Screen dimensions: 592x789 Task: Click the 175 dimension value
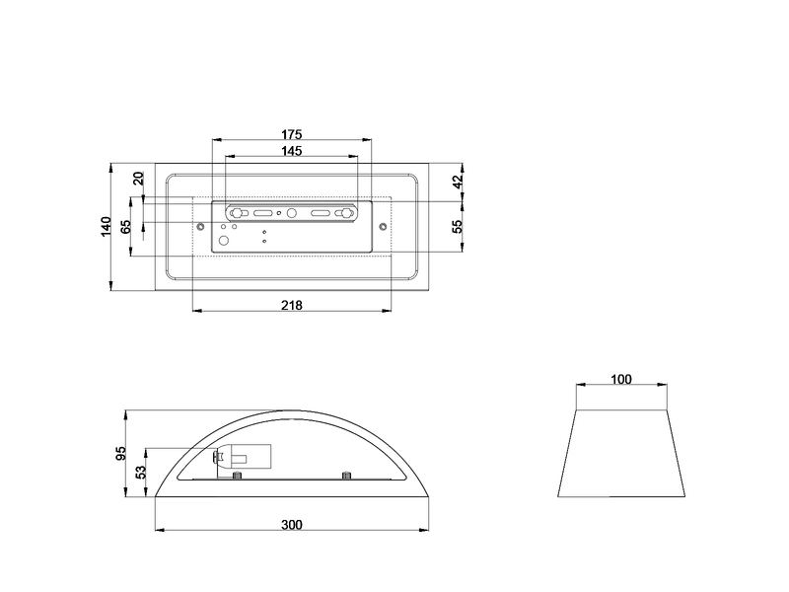pos(291,133)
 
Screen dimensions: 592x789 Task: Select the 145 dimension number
pos(291,151)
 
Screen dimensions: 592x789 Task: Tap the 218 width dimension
pos(292,305)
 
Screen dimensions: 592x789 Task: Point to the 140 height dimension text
pos(107,226)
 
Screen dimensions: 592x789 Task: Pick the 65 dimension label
pos(125,226)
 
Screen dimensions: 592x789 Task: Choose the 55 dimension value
pos(457,226)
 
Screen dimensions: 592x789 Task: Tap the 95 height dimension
pos(121,454)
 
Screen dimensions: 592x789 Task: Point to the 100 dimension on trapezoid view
pos(621,379)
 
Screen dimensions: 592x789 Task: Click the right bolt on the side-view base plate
pos(346,478)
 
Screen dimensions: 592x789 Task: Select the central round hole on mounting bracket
pos(291,212)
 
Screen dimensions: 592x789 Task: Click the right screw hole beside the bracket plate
pos(383,228)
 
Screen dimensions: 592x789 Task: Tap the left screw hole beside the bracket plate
pos(201,228)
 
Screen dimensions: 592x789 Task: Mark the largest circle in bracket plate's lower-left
pos(224,241)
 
